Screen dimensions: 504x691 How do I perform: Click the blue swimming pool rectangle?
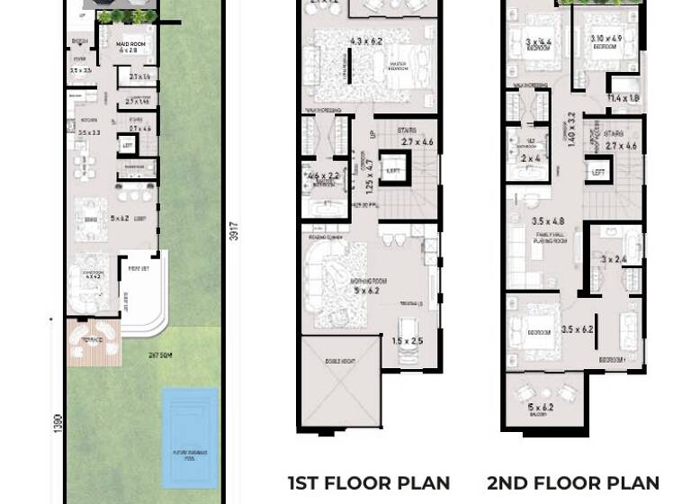pyautogui.click(x=190, y=437)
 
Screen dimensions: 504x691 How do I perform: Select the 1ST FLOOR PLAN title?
pyautogui.click(x=369, y=483)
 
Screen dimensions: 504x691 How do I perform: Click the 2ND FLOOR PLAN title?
pyautogui.click(x=573, y=483)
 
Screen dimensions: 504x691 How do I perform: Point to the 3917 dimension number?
pyautogui.click(x=234, y=231)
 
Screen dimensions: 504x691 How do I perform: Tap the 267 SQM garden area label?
pyautogui.click(x=161, y=354)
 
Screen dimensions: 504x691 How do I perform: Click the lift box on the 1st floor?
pyautogui.click(x=392, y=169)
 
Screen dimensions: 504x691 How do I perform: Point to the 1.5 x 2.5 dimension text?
pyautogui.click(x=407, y=341)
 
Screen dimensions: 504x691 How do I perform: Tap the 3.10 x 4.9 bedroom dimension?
pyautogui.click(x=607, y=39)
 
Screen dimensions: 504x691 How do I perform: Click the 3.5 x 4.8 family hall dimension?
pyautogui.click(x=548, y=221)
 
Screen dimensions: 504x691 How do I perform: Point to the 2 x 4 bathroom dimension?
pyautogui.click(x=530, y=158)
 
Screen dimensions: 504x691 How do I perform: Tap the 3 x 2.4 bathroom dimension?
pyautogui.click(x=614, y=260)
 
